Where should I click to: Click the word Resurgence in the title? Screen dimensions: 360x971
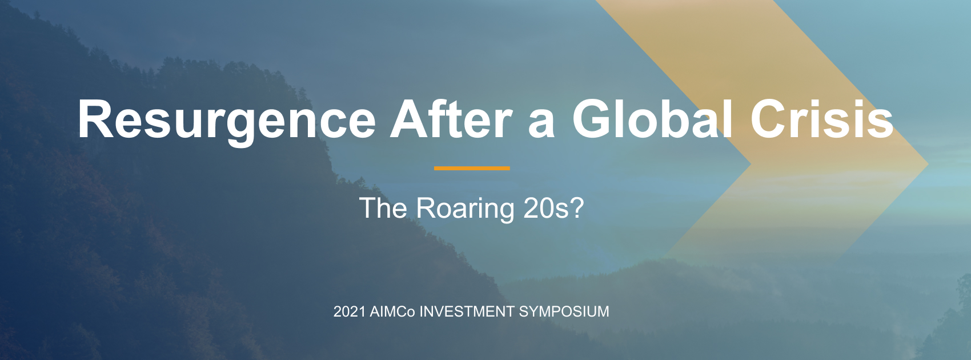[226, 120]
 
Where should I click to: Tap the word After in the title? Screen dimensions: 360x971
[451, 120]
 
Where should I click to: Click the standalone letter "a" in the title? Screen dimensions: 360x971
[541, 123]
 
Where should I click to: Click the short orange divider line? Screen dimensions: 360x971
[472, 168]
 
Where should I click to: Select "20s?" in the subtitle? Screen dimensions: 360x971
[553, 209]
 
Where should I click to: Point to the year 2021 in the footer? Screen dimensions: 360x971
[349, 311]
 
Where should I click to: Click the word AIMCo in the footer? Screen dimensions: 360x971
[392, 311]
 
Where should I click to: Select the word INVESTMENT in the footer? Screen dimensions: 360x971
[467, 311]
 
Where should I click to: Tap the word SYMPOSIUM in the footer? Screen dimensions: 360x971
[564, 311]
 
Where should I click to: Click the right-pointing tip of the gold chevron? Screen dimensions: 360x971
[927, 164]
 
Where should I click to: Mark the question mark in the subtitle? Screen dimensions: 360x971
[577, 209]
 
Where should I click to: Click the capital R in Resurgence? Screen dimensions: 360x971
[96, 119]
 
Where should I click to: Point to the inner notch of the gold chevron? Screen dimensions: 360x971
[750, 165]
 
